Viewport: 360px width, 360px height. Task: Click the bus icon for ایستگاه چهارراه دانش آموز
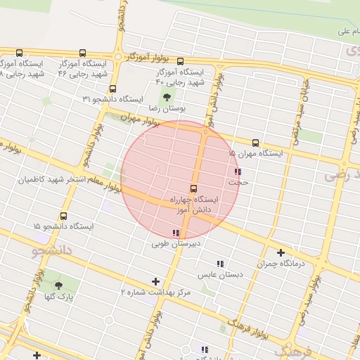[193, 188]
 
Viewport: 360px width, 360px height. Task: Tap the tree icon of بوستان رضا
[167, 97]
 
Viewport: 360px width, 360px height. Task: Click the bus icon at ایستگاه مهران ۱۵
[255, 141]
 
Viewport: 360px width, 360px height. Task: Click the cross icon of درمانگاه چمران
[281, 252]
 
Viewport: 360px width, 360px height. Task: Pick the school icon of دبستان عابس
[220, 264]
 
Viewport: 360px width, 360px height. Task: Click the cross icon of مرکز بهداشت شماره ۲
[155, 281]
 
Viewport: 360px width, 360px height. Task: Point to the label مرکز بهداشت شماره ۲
[155, 291]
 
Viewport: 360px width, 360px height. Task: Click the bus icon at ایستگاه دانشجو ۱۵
[64, 216]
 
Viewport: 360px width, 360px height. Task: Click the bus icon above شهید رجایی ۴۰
[180, 61]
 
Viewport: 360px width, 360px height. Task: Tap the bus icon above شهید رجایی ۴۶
[82, 53]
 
